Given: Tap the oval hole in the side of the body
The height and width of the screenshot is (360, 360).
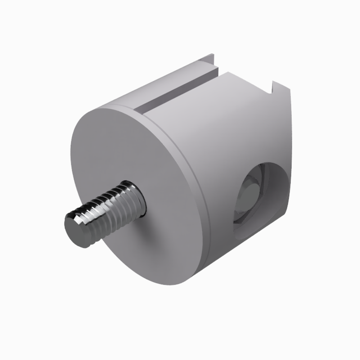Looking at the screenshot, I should click(x=260, y=195).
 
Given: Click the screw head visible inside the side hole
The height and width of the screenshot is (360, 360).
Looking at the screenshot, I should click(x=248, y=195).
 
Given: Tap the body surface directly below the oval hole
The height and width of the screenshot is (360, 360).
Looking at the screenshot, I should click(x=250, y=250).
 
